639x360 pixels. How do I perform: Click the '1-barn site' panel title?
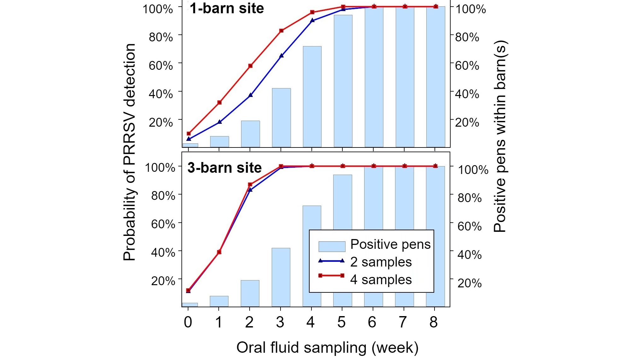coord(227,8)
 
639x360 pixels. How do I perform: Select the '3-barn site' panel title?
coord(224,168)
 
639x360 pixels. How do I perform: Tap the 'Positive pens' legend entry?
coord(390,244)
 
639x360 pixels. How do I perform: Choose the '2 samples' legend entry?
coord(381,262)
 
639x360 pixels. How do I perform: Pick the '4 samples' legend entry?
coord(381,280)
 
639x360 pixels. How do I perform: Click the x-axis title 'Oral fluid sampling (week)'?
coord(327,347)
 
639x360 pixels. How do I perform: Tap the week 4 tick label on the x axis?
coord(311,322)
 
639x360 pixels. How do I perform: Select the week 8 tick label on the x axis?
coord(434,322)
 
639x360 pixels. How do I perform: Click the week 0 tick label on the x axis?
coord(188,322)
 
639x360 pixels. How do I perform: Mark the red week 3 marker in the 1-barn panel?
coord(281,31)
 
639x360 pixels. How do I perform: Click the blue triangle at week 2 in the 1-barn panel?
coord(251,95)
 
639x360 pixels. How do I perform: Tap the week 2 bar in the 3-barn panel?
coord(250,293)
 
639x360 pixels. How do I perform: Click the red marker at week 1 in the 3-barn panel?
coord(219,252)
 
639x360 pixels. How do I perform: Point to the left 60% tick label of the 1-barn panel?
coord(161,66)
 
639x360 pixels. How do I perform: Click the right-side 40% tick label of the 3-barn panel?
coord(469,255)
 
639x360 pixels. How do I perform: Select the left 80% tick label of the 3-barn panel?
coord(163,196)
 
